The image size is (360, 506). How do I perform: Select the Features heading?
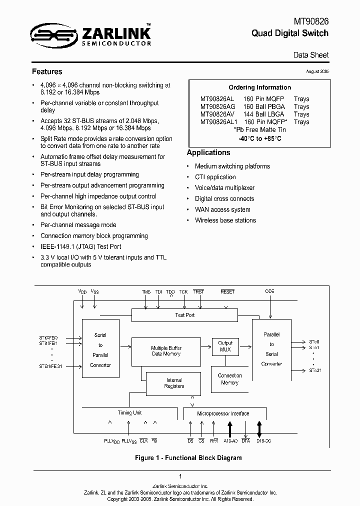coord(47,71)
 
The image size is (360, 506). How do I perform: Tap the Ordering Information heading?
coord(259,87)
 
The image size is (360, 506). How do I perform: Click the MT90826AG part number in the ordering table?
coord(217,106)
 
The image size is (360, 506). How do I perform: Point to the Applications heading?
coord(208,152)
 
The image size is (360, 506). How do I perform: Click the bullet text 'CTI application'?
coord(215,177)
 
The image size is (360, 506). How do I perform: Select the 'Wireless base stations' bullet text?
coord(225,220)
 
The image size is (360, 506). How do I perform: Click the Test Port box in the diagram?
coord(185,315)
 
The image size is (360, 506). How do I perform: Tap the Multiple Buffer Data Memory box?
coord(166,351)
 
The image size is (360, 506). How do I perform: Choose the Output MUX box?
coord(225,346)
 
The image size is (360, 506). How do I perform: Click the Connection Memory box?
coord(229,379)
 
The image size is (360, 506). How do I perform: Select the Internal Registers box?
coord(174,383)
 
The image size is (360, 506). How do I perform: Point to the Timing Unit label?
coord(129,413)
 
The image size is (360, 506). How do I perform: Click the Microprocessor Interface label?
coord(223,413)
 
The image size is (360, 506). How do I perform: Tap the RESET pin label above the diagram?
coord(227,291)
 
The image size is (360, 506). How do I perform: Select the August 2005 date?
coord(317,71)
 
